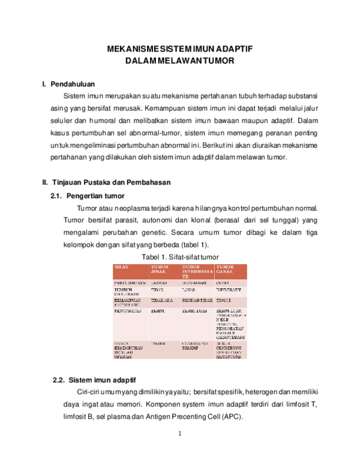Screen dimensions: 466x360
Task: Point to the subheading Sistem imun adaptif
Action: click(103, 380)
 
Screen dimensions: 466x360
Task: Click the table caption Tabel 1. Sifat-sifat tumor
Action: click(179, 257)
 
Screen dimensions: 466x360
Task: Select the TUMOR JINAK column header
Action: click(159, 268)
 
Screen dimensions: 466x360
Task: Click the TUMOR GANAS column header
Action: click(226, 268)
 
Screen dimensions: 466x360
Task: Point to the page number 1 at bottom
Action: click(179, 433)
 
